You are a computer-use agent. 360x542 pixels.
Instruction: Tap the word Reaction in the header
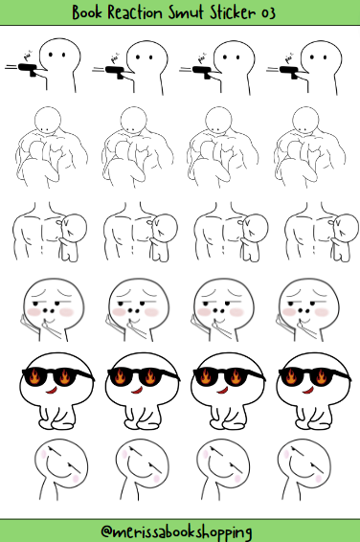pyautogui.click(x=146, y=11)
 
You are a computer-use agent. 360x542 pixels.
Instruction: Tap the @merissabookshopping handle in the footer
pyautogui.click(x=180, y=530)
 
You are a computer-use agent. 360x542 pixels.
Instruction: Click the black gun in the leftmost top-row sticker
pyautogui.click(x=27, y=70)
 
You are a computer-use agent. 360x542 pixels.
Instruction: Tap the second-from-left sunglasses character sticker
pyautogui.click(x=139, y=388)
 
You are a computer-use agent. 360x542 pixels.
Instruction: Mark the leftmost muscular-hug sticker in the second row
pyautogui.click(x=48, y=148)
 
